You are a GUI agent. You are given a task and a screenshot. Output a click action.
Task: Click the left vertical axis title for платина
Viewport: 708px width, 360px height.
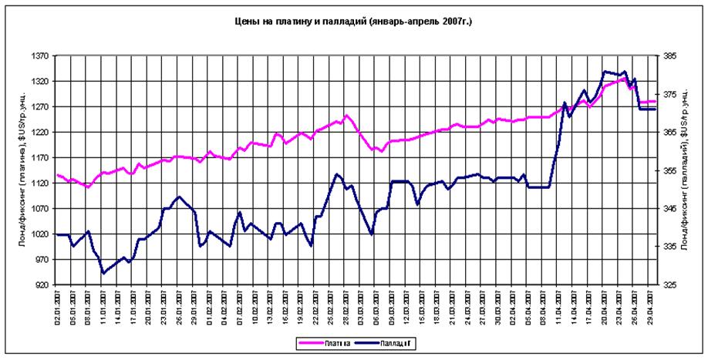(x=22, y=170)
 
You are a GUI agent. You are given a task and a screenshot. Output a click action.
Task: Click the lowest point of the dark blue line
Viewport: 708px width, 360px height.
(x=103, y=273)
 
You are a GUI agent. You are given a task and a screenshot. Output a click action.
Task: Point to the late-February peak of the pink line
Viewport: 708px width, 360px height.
(x=347, y=116)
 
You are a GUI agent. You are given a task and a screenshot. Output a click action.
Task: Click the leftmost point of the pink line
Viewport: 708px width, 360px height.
(x=58, y=175)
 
